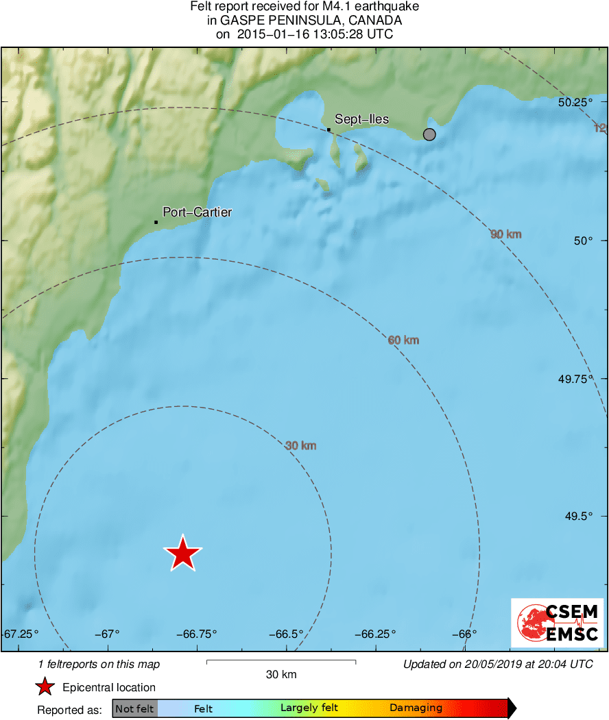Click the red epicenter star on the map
(x=182, y=553)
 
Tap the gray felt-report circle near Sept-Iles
(x=429, y=134)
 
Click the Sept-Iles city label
(x=361, y=119)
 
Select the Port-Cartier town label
(x=197, y=212)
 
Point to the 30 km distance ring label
(x=300, y=446)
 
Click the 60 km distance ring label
(x=403, y=340)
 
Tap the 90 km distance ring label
(x=506, y=234)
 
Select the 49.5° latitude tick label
(x=577, y=517)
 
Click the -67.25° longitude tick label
(x=21, y=634)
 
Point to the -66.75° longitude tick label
(x=198, y=634)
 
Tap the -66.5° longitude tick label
(x=286, y=634)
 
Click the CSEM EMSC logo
(x=558, y=622)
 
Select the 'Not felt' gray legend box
(x=134, y=708)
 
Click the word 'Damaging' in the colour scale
(x=416, y=708)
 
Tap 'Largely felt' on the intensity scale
(x=309, y=708)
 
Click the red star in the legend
(x=45, y=686)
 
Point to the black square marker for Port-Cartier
(x=156, y=222)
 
